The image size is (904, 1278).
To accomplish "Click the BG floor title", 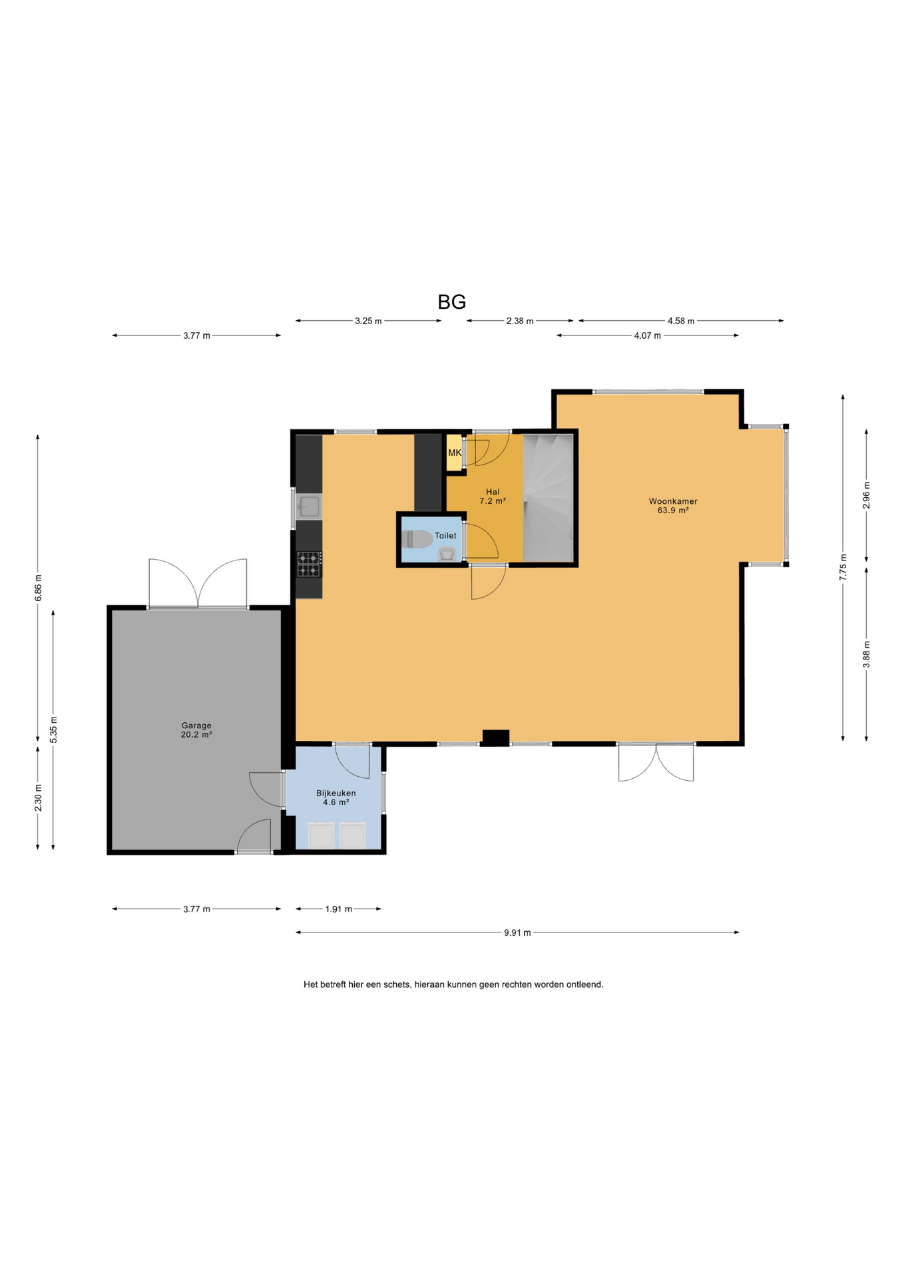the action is (451, 302).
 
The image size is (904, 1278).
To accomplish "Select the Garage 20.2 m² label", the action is (196, 730).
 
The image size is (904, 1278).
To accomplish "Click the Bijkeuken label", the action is (336, 793).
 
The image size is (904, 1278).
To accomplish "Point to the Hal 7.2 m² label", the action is (493, 497).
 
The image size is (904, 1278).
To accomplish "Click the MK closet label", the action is (455, 453).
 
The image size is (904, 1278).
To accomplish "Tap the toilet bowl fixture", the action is (417, 538).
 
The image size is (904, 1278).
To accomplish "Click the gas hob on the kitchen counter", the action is (309, 564).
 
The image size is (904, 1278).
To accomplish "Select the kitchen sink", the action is (309, 507).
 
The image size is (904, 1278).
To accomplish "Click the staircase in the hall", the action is (548, 497).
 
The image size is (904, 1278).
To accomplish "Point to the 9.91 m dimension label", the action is (517, 933).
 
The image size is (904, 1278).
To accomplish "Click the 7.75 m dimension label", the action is (843, 567).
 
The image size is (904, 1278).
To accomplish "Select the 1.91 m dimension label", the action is (339, 909).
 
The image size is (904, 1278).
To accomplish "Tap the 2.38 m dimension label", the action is (520, 321).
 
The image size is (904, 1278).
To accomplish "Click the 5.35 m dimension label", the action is (54, 730).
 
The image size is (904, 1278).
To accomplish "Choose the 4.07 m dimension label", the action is (648, 335).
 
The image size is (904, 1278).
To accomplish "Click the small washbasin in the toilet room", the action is (447, 554).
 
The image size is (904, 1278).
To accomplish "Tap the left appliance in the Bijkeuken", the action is (321, 835).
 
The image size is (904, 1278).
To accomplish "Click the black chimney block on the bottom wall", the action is (496, 738).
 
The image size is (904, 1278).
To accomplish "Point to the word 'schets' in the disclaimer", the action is (396, 984).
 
